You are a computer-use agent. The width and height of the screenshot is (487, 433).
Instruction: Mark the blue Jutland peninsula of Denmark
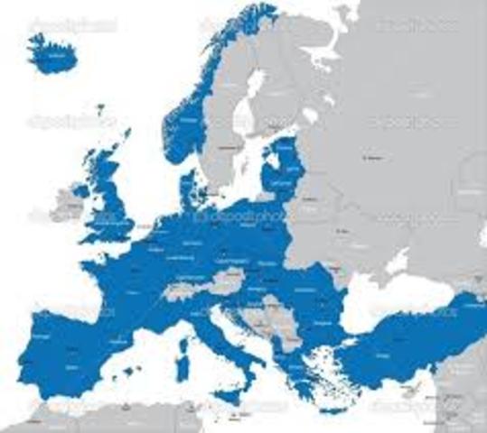point(192,188)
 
